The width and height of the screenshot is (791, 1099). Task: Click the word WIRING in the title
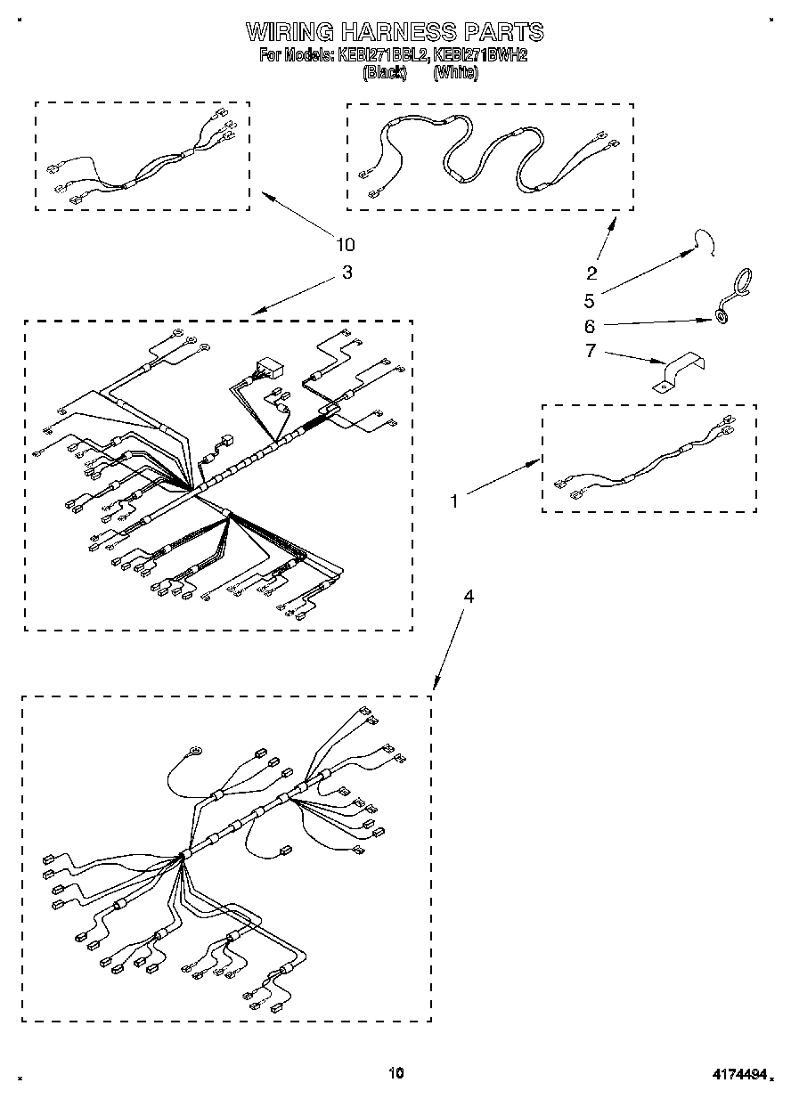[289, 33]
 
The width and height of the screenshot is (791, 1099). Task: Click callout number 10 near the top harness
[346, 245]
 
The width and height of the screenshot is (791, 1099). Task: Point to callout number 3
[347, 273]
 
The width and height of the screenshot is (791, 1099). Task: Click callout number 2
[591, 273]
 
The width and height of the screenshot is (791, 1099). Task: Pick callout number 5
[589, 300]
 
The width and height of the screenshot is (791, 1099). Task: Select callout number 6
[589, 326]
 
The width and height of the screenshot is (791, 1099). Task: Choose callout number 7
[589, 351]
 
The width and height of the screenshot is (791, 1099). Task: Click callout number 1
[454, 501]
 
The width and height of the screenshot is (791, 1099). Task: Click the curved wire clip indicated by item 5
[706, 241]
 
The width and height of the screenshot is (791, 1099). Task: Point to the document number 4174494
[737, 1075]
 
